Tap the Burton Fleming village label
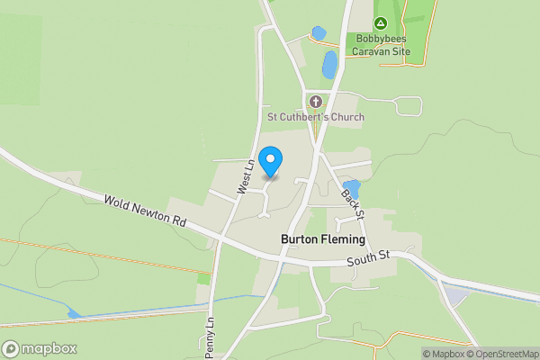(323, 240)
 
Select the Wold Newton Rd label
(143, 213)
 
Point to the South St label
(369, 257)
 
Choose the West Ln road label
(243, 176)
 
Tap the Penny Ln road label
(210, 333)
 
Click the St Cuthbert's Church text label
(315, 117)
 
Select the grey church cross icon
(315, 101)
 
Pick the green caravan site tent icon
(381, 23)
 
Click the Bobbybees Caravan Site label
(382, 46)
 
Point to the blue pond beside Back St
(351, 188)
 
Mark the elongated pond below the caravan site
(329, 64)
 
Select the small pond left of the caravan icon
(319, 33)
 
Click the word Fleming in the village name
(343, 240)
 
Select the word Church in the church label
(346, 117)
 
